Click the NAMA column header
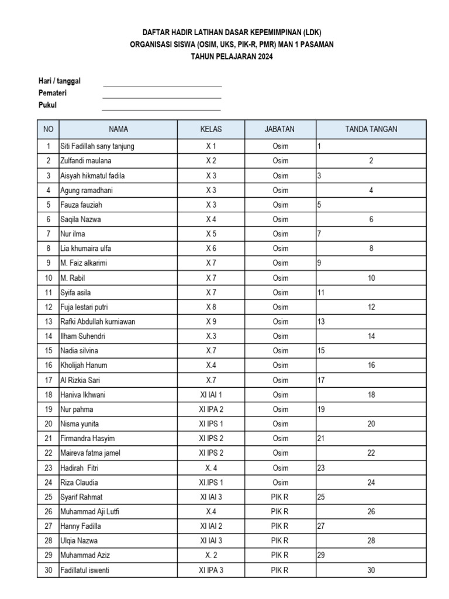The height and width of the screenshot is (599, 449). click(x=118, y=129)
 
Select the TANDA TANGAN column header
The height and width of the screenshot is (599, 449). click(x=371, y=129)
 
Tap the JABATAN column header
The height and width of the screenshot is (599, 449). click(x=280, y=129)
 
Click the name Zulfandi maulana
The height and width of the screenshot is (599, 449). click(x=86, y=161)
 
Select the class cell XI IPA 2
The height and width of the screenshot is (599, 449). click(x=210, y=409)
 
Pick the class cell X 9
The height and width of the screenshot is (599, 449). click(x=210, y=322)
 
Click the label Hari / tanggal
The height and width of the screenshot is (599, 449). click(x=60, y=81)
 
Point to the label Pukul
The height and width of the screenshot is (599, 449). click(x=48, y=105)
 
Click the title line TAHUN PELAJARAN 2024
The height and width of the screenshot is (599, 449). click(x=232, y=57)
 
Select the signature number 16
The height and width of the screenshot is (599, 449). click(x=371, y=366)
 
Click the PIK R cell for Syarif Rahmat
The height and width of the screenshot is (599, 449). click(x=280, y=497)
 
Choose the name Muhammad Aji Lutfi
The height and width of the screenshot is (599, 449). click(x=90, y=512)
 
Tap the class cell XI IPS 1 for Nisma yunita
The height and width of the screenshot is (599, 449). click(x=210, y=424)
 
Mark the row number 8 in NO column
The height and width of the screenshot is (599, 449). click(x=48, y=249)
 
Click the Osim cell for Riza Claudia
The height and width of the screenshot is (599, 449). click(x=280, y=483)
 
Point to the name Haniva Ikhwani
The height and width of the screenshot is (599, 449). click(x=84, y=395)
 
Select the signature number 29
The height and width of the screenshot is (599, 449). click(x=321, y=556)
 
